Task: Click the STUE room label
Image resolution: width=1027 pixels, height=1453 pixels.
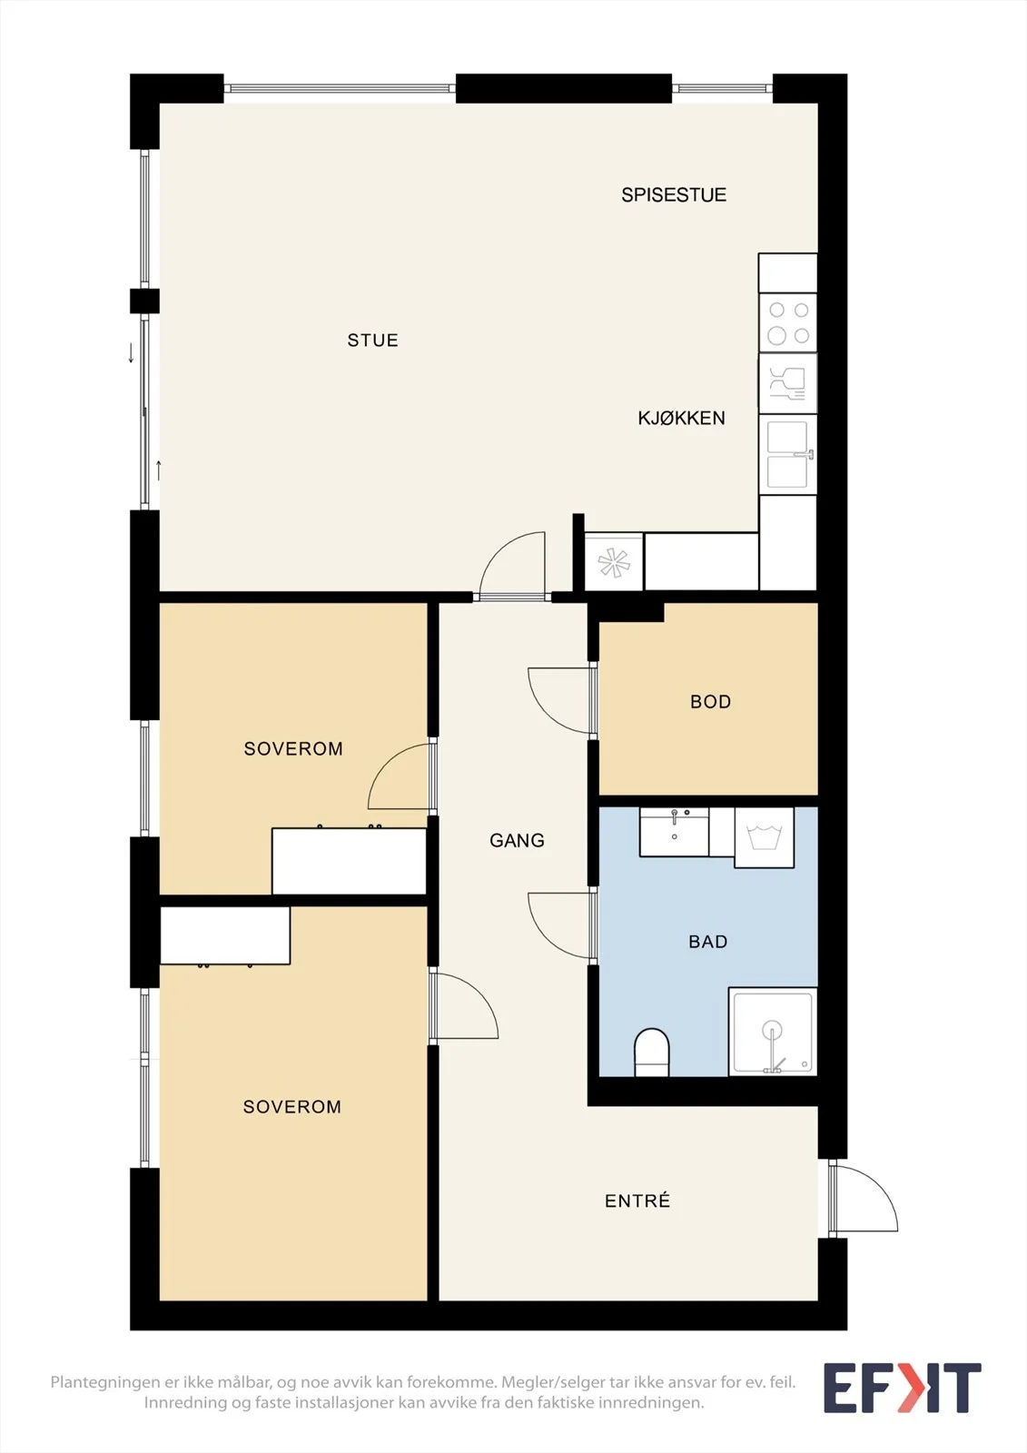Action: click(x=372, y=341)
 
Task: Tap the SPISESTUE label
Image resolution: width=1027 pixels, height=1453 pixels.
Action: click(x=674, y=195)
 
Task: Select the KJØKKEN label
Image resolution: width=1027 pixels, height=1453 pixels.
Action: click(x=681, y=419)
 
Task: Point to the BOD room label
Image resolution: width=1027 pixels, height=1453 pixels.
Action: click(x=710, y=702)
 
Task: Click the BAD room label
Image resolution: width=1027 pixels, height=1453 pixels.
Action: click(x=707, y=942)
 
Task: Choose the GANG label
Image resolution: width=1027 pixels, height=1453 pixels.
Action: click(x=517, y=841)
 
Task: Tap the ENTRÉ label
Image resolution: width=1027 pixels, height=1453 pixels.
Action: click(x=637, y=1201)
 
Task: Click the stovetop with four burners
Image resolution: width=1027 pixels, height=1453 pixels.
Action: click(x=787, y=322)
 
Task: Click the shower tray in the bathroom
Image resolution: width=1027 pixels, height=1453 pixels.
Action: click(x=772, y=1032)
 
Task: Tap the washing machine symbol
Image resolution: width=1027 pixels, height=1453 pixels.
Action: click(x=764, y=837)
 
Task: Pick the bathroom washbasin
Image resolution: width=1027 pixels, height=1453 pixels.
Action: click(x=674, y=832)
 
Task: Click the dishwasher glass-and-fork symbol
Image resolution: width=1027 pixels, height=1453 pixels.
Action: click(x=787, y=383)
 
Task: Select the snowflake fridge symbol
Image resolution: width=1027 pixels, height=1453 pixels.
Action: click(x=614, y=562)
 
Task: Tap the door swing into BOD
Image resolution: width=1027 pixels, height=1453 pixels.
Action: click(x=561, y=700)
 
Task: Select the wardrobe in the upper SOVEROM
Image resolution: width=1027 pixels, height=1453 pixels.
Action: click(x=349, y=861)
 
